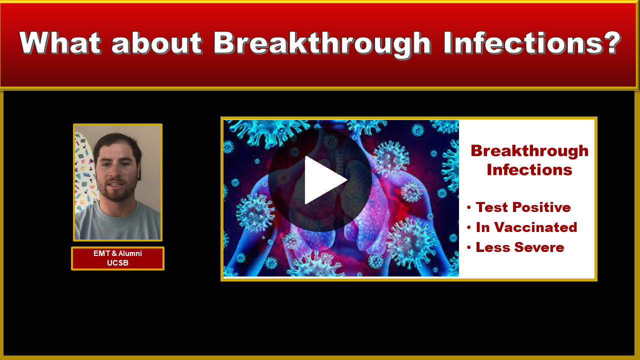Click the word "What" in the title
pos(60,43)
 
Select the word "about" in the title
pos(157,42)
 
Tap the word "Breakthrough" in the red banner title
pos(322,45)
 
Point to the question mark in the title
pos(609,42)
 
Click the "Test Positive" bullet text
pos(523,207)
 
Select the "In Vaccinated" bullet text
pos(526,227)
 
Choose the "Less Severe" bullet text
pos(520,247)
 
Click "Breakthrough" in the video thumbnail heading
pos(529,151)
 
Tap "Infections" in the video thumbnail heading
pos(529,169)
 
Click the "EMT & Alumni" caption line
pos(117,253)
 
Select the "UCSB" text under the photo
pos(117,263)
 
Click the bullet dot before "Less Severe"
pos(469,247)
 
